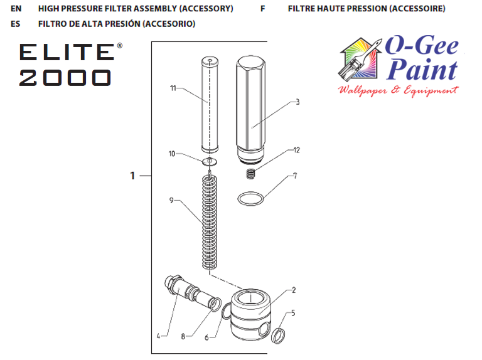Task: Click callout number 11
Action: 172,88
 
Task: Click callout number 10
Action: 172,154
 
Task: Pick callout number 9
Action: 171,201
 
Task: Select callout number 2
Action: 292,290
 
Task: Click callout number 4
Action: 159,336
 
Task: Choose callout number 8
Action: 183,336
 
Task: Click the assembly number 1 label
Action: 132,176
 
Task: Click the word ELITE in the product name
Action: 66,52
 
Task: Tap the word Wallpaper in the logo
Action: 361,90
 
